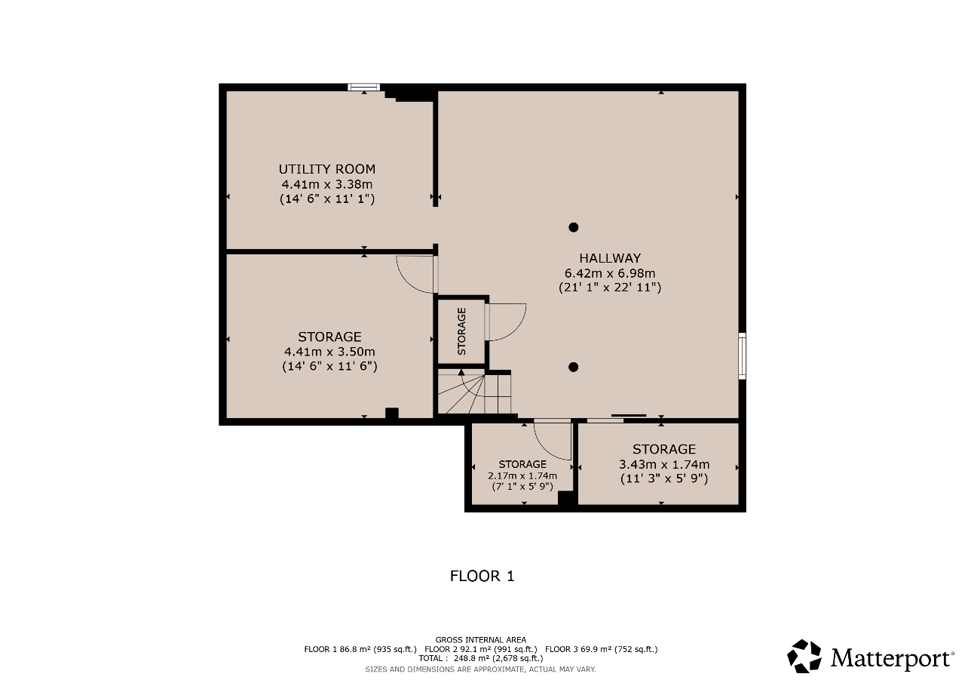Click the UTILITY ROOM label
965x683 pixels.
pyautogui.click(x=327, y=169)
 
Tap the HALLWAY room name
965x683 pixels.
pyautogui.click(x=610, y=258)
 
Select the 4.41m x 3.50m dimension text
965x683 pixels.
pyautogui.click(x=329, y=352)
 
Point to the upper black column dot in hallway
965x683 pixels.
pyautogui.click(x=573, y=227)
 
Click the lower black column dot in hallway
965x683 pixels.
pyautogui.click(x=573, y=368)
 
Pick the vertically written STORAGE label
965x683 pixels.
pyautogui.click(x=461, y=331)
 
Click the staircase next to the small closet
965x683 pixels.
pyautogui.click(x=474, y=392)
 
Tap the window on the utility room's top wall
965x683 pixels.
pyautogui.click(x=364, y=88)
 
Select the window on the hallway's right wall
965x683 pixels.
pyautogui.click(x=743, y=356)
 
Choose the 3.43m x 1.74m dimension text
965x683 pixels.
pyautogui.click(x=664, y=464)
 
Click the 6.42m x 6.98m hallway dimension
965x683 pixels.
pyautogui.click(x=610, y=273)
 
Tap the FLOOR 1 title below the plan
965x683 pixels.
pyautogui.click(x=482, y=576)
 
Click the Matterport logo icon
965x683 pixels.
pyautogui.click(x=804, y=657)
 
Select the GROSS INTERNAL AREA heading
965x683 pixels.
pyautogui.click(x=481, y=640)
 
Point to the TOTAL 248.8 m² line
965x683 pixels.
pyautogui.click(x=481, y=658)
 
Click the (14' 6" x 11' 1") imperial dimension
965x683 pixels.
pyautogui.click(x=327, y=198)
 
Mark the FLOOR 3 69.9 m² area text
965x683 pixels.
pyautogui.click(x=601, y=649)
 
